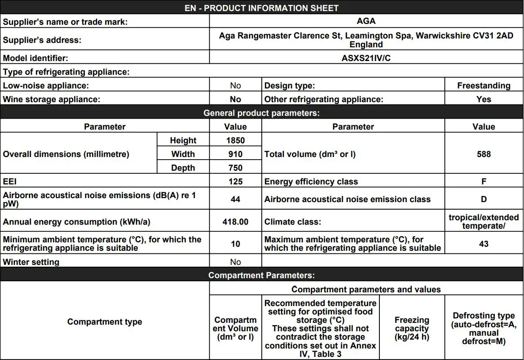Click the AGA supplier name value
366,21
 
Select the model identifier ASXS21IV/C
366,58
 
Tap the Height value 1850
235,140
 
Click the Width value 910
235,154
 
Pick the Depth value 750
235,168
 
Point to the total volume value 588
484,154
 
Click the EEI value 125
235,181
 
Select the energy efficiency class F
484,181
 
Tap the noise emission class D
484,199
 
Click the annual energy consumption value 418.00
235,222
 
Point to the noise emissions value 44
235,199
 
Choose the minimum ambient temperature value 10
235,244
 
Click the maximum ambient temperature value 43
484,244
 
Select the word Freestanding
484,85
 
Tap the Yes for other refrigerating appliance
484,99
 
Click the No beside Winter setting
235,262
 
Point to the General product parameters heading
261,113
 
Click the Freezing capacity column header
412,328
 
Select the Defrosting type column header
484,328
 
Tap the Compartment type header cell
104,322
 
